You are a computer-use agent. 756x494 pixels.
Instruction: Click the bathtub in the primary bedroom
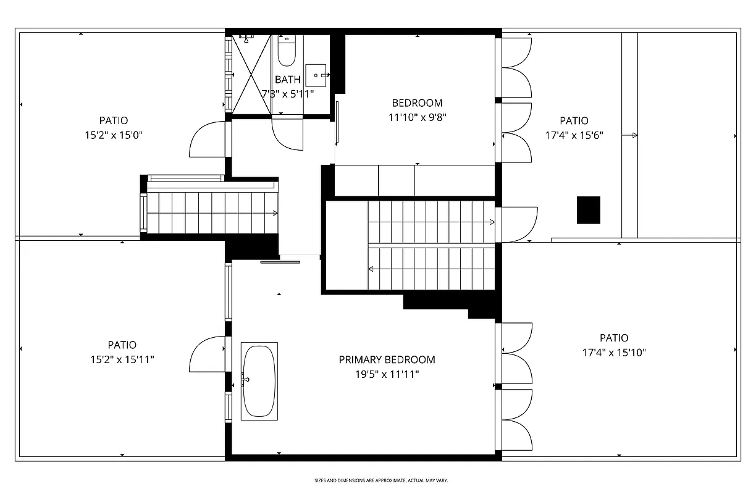click(x=259, y=381)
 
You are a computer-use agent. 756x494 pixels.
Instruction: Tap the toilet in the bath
click(x=287, y=52)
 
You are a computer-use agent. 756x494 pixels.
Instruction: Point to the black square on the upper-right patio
click(x=589, y=210)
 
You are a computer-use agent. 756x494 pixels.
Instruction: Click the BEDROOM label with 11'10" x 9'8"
click(x=417, y=103)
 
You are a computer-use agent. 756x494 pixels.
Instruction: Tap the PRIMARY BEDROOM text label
click(x=387, y=359)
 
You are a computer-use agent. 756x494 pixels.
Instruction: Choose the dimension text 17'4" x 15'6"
click(x=574, y=135)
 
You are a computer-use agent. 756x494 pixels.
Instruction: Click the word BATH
click(x=288, y=80)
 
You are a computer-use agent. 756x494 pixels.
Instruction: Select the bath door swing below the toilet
click(x=288, y=133)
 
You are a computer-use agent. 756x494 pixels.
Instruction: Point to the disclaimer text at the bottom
click(x=381, y=480)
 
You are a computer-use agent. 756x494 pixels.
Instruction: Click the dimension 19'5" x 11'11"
click(x=387, y=374)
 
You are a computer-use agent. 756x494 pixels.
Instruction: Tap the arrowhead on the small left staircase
click(x=275, y=214)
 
